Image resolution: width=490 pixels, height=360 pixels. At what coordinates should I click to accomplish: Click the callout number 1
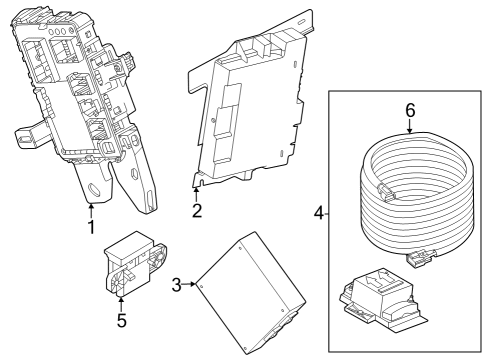tap(91, 227)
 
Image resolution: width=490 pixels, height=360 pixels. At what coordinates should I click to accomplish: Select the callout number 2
tap(197, 210)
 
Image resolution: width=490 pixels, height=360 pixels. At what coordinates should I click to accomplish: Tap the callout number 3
tap(176, 286)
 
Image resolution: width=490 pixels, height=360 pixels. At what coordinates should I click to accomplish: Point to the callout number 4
tap(319, 213)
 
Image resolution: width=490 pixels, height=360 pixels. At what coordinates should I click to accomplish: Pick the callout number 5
tap(120, 321)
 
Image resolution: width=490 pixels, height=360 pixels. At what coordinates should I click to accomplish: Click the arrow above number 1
tap(91, 207)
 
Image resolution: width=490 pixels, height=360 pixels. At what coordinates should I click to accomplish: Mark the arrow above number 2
tap(196, 191)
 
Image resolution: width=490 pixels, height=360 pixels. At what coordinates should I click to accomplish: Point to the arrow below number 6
tap(409, 130)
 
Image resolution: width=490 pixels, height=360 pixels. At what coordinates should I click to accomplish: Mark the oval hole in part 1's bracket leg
tap(97, 186)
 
